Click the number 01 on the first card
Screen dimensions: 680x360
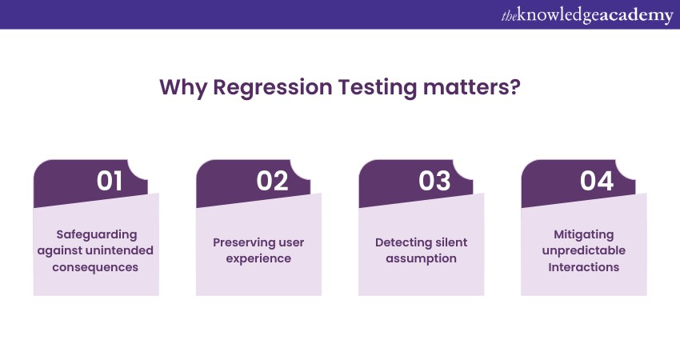point(110,181)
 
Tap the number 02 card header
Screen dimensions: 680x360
point(254,182)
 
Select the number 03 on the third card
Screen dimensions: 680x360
point(434,181)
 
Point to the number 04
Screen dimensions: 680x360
point(597,181)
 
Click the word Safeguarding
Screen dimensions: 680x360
point(97,234)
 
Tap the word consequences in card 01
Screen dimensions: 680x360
point(95,267)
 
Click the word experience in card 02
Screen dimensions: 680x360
point(258,259)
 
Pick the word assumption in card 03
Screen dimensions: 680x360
point(421,259)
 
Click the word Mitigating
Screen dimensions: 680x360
point(584,234)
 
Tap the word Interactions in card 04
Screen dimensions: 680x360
point(584,267)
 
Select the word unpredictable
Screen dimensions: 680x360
point(584,250)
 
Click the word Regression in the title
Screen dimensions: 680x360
point(272,88)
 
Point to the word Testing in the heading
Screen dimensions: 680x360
point(378,88)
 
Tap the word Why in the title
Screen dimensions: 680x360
point(183,88)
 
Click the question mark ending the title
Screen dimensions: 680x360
point(514,86)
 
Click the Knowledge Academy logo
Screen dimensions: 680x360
point(587,15)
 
